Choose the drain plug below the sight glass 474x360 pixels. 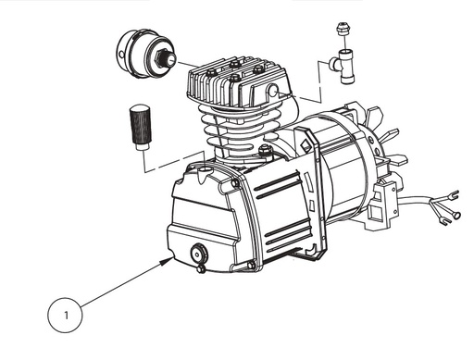coord(200,269)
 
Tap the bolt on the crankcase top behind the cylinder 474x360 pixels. coord(266,148)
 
